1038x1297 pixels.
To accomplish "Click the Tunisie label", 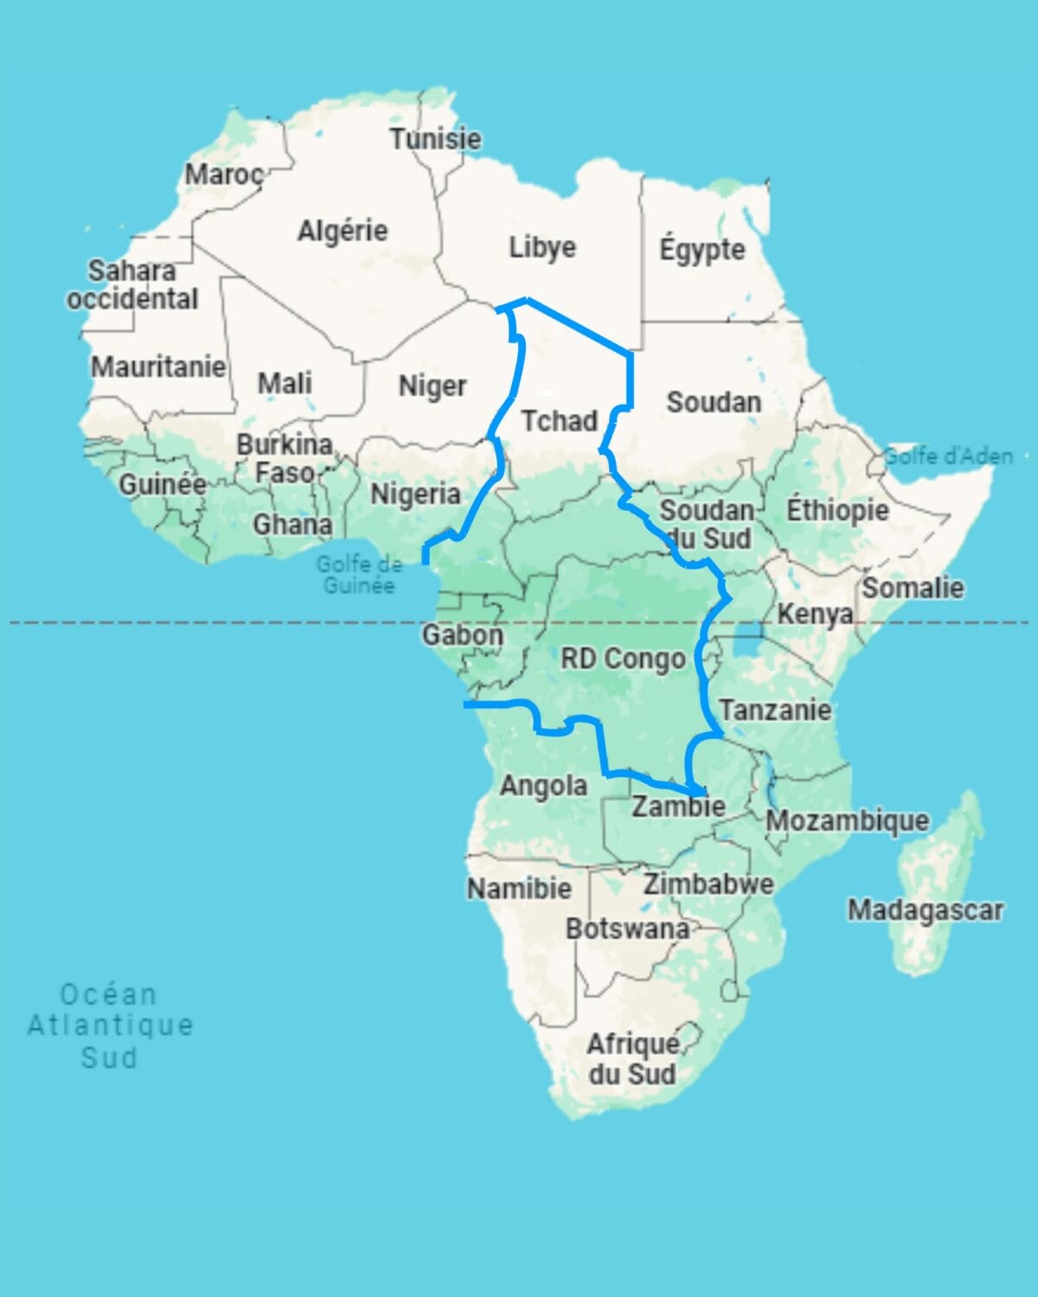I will pyautogui.click(x=435, y=138).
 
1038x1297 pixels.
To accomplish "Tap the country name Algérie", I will pyautogui.click(x=343, y=231).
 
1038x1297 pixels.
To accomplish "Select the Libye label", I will pyautogui.click(x=542, y=247).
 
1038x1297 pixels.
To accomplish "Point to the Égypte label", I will pyautogui.click(x=702, y=250).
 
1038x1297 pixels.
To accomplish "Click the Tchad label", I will pyautogui.click(x=560, y=421).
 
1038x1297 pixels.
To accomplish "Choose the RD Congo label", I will pyautogui.click(x=623, y=659).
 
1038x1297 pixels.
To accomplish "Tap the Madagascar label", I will pyautogui.click(x=925, y=910).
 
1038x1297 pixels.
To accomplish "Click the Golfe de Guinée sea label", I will pyautogui.click(x=359, y=574).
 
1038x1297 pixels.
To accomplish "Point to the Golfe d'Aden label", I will pyautogui.click(x=948, y=456).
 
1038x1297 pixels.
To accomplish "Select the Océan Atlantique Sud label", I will pyautogui.click(x=109, y=1025).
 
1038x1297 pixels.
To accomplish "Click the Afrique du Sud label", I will pyautogui.click(x=633, y=1059).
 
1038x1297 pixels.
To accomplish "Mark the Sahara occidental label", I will pyautogui.click(x=132, y=284).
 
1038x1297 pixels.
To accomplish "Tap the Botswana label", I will pyautogui.click(x=627, y=929).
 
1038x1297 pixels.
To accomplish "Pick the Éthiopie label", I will pyautogui.click(x=837, y=510).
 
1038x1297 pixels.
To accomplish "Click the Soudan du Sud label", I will pyautogui.click(x=707, y=523).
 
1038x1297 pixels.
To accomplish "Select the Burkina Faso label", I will pyautogui.click(x=285, y=458).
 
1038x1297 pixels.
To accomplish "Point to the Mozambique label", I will pyautogui.click(x=848, y=820).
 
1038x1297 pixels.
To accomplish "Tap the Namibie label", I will pyautogui.click(x=519, y=888).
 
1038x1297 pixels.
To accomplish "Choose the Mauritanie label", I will pyautogui.click(x=158, y=367).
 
